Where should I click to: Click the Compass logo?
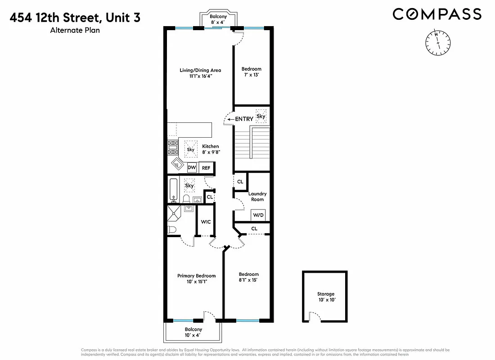pos(437,14)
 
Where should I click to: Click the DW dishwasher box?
pos(192,167)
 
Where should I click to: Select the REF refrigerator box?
pos(206,167)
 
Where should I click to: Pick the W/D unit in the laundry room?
pos(258,216)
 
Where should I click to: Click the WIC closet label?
pos(206,222)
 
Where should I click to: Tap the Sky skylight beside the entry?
pos(261,116)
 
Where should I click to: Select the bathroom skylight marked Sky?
pos(189,185)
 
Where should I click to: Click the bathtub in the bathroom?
pos(173,190)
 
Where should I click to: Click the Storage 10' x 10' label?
pos(326,297)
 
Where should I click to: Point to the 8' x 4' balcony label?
pos(218,19)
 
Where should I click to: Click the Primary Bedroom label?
pos(196,279)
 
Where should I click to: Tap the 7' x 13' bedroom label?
pos(251,72)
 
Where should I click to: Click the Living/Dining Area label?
pos(194,73)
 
